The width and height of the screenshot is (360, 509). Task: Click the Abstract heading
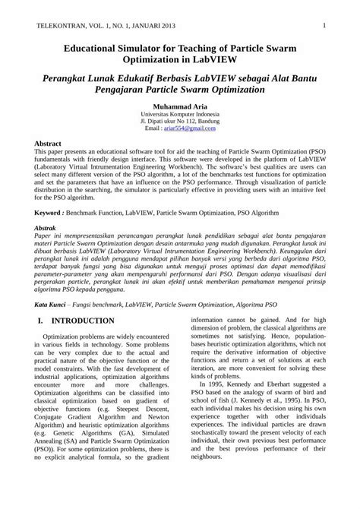click(x=49, y=143)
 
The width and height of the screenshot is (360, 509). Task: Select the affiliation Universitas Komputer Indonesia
click(x=179, y=114)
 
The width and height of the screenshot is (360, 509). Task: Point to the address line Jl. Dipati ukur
click(x=179, y=122)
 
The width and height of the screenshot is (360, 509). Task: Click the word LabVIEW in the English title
click(x=242, y=61)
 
